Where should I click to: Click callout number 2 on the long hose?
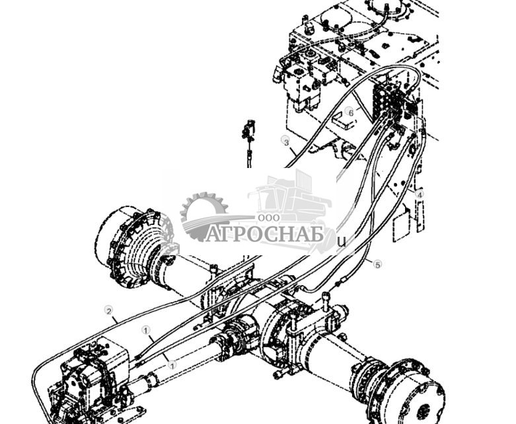click(108, 310)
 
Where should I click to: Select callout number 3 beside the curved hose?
click(285, 142)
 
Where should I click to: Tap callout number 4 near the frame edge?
click(419, 194)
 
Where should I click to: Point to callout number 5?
click(377, 265)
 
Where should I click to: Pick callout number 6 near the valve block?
click(350, 112)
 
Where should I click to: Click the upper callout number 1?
click(146, 329)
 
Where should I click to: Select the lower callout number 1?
click(172, 364)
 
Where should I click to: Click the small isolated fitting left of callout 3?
click(248, 133)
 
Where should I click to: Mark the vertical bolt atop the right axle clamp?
click(325, 301)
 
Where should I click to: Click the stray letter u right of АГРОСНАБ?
click(342, 242)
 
